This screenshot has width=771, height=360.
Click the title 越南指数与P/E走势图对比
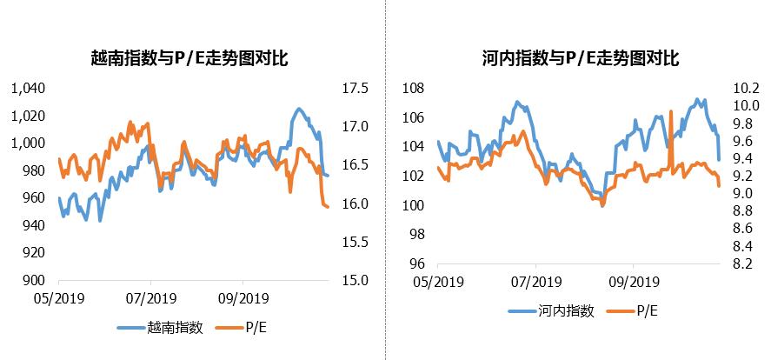tap(189, 59)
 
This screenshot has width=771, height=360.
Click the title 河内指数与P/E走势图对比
tap(580, 59)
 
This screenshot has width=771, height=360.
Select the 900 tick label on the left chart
tap(31, 280)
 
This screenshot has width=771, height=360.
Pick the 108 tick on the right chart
tap(413, 89)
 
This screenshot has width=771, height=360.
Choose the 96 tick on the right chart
tap(415, 264)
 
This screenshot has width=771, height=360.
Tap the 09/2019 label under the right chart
tap(632, 283)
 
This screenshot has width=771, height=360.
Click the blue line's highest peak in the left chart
tap(299, 109)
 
